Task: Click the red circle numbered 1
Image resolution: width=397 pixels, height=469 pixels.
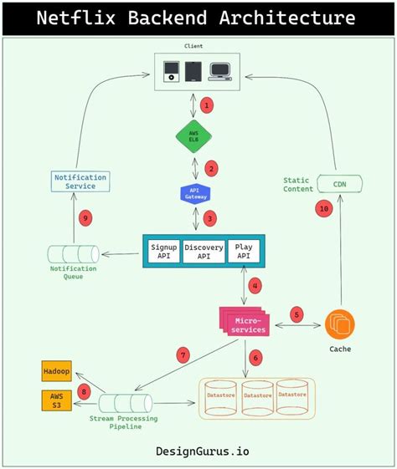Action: click(209, 106)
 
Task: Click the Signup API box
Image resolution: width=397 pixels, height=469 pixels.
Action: click(163, 252)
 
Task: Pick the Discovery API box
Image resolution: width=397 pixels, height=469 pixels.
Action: click(203, 252)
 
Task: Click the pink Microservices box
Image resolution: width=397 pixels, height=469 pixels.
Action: click(245, 324)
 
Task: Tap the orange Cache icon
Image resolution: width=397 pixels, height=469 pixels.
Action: click(340, 324)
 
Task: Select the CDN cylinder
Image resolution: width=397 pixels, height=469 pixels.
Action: click(339, 185)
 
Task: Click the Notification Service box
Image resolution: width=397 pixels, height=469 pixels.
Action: click(80, 181)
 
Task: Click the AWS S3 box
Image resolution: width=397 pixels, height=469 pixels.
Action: click(56, 400)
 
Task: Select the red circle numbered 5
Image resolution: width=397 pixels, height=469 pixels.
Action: click(296, 314)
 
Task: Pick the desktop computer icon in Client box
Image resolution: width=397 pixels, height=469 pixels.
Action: click(221, 71)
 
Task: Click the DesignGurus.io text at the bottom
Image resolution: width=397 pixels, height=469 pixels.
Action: click(202, 451)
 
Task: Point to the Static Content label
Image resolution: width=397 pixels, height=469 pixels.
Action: click(296, 185)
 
